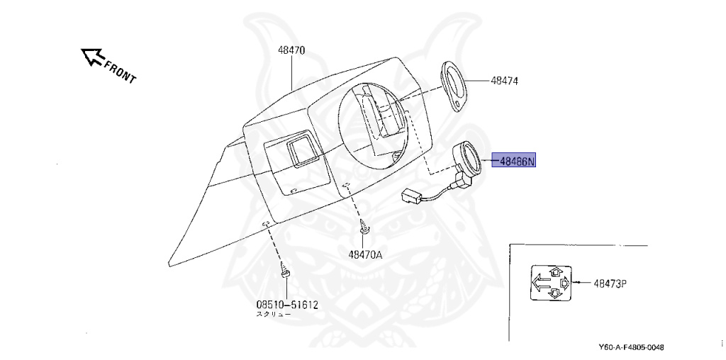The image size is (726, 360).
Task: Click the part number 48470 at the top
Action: click(291, 51)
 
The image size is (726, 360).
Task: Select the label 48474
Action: click(504, 81)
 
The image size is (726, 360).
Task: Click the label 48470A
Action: click(365, 255)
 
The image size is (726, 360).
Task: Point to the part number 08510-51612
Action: click(286, 305)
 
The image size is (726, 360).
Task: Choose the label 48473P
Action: click(610, 283)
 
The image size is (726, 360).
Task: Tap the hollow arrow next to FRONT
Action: click(92, 56)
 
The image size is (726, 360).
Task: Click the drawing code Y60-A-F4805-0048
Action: click(631, 347)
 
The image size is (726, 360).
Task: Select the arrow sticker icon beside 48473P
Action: click(549, 283)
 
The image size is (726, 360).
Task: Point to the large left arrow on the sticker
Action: click(542, 283)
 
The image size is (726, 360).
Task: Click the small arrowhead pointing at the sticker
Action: click(578, 283)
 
